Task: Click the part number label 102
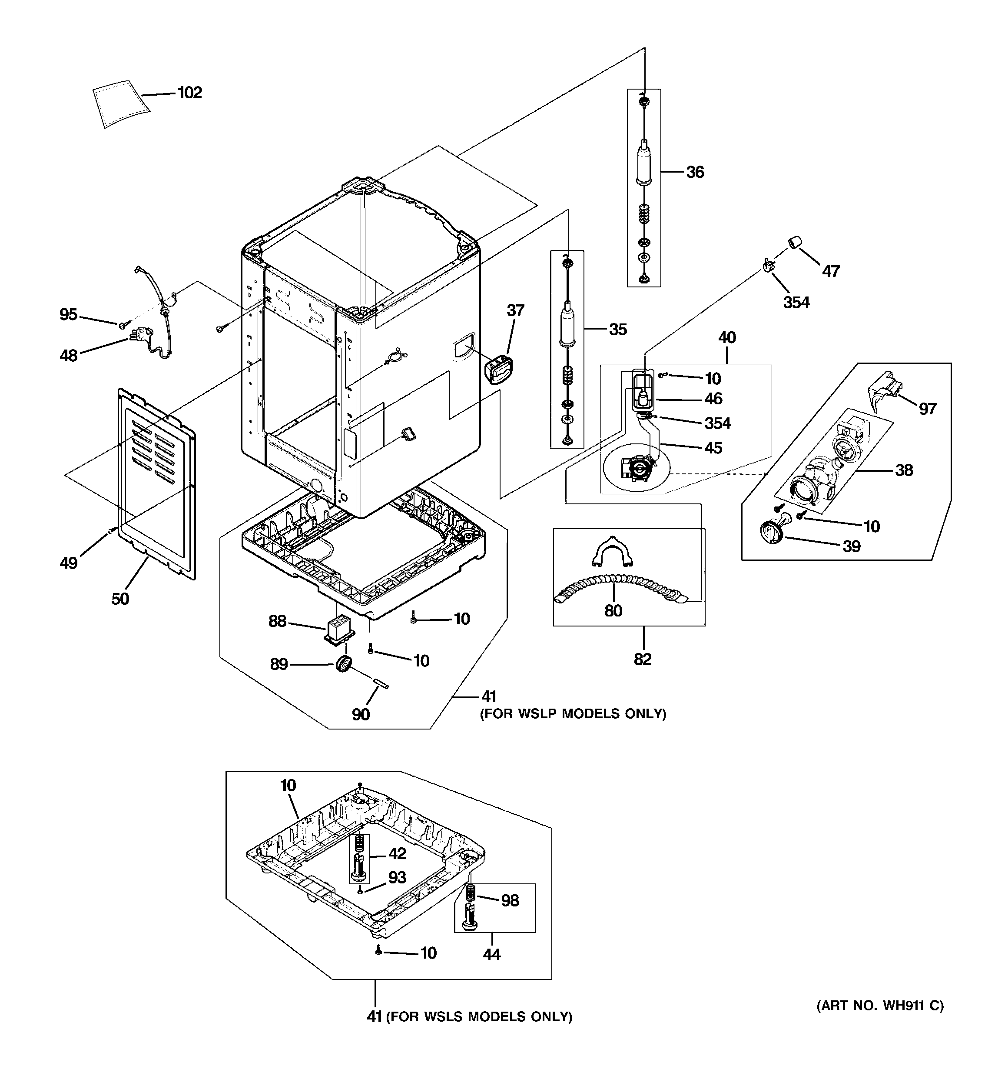point(189,93)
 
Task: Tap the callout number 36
point(695,172)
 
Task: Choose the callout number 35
point(618,329)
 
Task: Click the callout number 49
point(69,563)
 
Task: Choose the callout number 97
point(927,409)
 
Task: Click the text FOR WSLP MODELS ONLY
point(574,713)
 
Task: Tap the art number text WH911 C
point(880,1006)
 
